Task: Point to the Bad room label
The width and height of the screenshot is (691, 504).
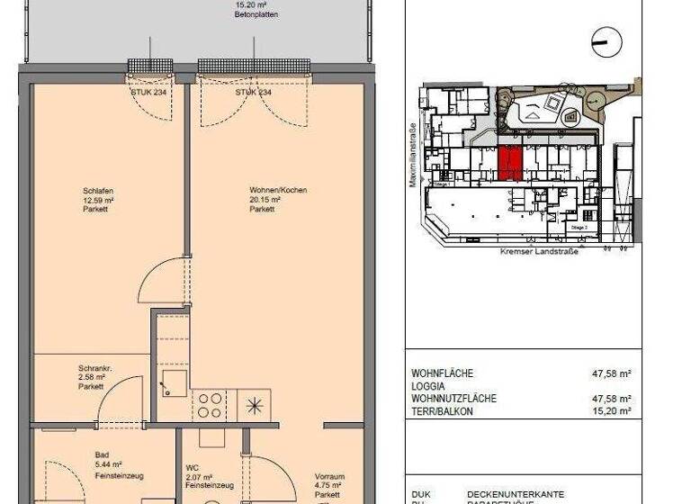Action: pos(103,454)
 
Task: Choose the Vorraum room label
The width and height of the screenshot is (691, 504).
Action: pos(328,477)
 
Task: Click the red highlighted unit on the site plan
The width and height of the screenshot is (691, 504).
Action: pos(509,162)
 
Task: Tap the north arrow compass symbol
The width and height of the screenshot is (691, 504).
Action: pos(605,40)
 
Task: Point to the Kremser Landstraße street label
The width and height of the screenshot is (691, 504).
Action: pos(540,253)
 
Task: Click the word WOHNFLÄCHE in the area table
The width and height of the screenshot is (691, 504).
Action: pos(442,373)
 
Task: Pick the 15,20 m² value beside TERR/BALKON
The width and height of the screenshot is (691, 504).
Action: pos(613,410)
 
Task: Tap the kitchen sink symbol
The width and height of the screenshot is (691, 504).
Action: pos(174,382)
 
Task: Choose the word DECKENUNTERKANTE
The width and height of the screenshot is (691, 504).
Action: pos(515,494)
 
